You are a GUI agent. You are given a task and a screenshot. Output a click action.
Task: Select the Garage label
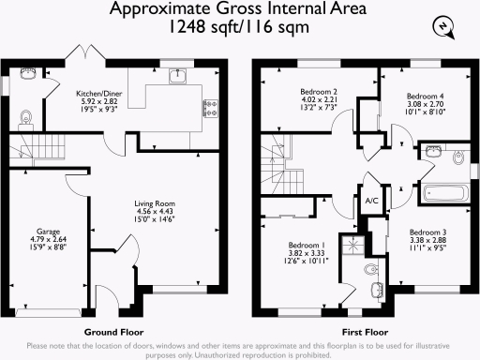tap(48, 231)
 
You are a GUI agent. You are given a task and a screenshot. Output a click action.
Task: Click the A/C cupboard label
tap(370, 199)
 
